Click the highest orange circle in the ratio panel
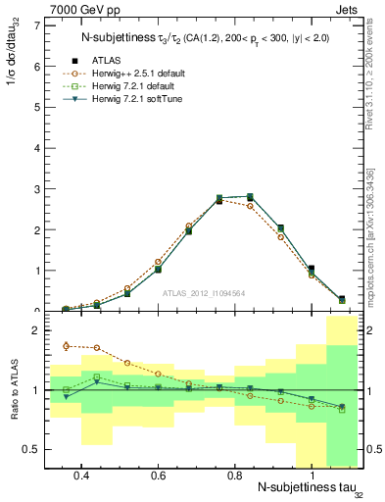pyautogui.click(x=66, y=345)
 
